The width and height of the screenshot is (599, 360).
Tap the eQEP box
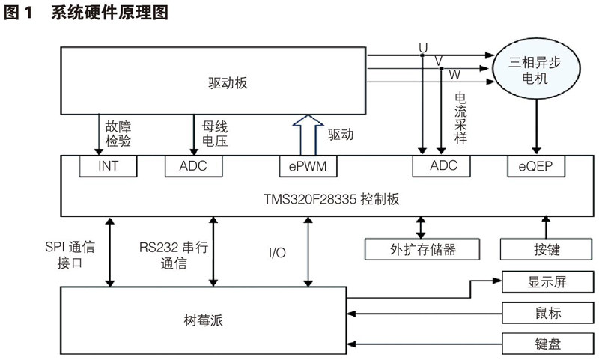click(534, 166)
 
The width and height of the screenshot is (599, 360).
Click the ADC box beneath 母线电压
click(194, 166)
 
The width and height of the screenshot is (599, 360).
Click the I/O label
click(276, 253)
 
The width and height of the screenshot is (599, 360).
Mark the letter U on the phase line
click(423, 47)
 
